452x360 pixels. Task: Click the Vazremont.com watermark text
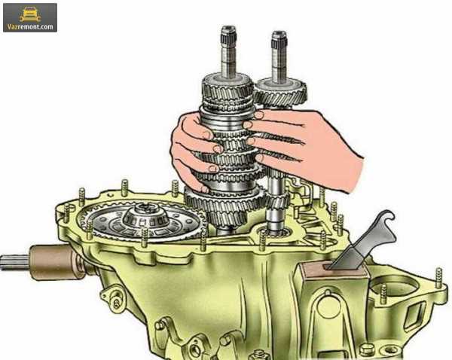point(30,27)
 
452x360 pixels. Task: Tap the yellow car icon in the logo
point(29,14)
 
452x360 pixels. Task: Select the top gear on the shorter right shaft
point(280,93)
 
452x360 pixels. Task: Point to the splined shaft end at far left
point(15,263)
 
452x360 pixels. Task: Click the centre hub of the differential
point(146,215)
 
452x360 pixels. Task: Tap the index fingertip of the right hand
point(258,115)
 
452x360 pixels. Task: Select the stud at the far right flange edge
point(438,278)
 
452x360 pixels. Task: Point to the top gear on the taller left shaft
point(228,86)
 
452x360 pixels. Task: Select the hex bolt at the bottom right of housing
point(365,350)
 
